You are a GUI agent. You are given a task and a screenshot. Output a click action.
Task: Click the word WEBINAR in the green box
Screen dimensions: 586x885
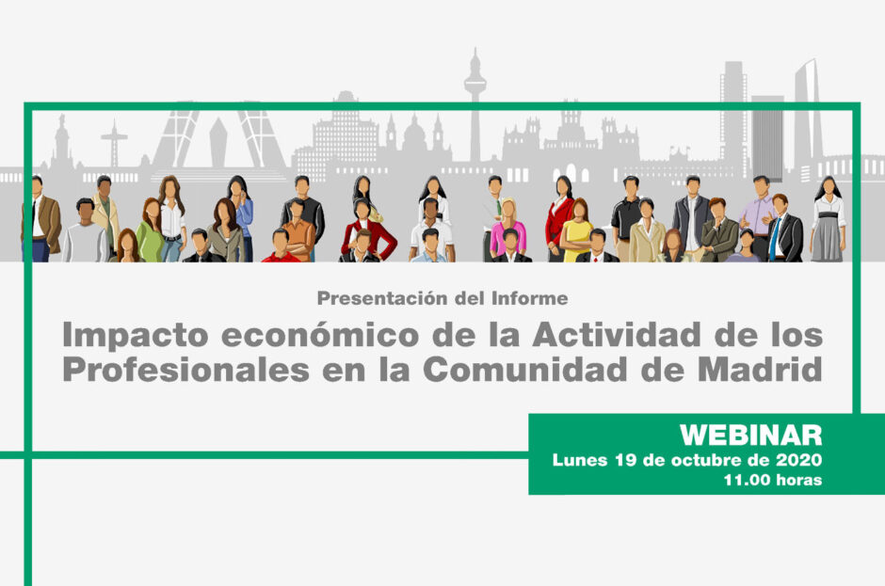point(750,435)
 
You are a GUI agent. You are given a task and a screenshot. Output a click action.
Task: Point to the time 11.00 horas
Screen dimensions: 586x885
point(772,480)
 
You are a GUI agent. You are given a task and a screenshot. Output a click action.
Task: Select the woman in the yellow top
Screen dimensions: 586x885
point(576,230)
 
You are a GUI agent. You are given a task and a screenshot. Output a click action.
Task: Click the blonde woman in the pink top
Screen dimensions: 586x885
point(507,226)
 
